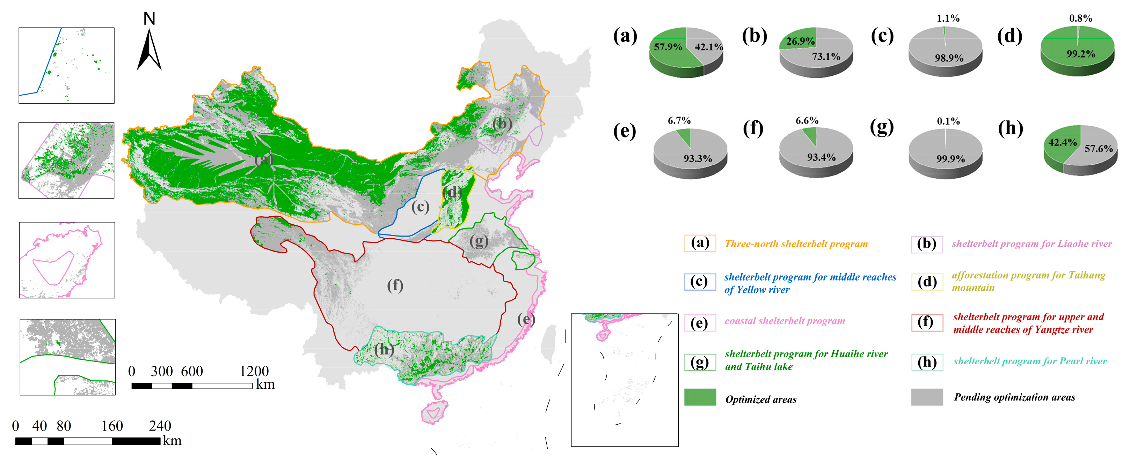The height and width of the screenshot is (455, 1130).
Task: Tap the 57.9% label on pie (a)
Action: (x=668, y=47)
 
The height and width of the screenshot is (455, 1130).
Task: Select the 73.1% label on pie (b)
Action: (x=826, y=57)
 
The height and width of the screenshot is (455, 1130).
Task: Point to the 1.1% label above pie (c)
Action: (x=948, y=18)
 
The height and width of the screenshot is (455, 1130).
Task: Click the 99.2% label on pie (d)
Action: (x=1080, y=54)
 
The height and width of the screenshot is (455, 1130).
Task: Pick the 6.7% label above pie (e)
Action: (x=679, y=120)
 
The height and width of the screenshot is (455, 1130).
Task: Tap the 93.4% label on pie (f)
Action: (x=821, y=157)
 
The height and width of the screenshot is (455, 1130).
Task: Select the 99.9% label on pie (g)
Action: (x=950, y=159)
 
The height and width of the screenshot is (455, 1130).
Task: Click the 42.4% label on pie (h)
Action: (x=1063, y=142)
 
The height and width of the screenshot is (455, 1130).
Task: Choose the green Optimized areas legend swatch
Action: (x=700, y=397)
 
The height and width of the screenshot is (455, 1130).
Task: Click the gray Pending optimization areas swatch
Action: (x=927, y=397)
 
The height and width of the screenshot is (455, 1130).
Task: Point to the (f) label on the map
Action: (x=395, y=286)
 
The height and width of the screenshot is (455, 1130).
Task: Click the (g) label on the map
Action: (x=479, y=241)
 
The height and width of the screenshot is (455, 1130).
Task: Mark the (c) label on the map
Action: (x=420, y=207)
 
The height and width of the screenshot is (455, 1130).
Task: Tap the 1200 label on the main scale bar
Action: (x=254, y=371)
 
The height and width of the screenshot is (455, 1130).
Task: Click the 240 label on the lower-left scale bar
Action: (x=160, y=426)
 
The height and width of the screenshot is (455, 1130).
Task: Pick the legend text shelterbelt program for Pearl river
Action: (x=1029, y=361)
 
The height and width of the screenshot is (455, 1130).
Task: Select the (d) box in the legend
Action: (x=927, y=282)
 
